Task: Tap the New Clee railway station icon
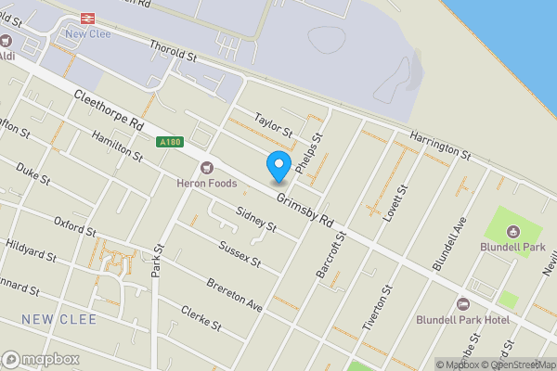(x=88, y=18)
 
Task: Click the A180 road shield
(x=170, y=141)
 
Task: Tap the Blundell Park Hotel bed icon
(x=463, y=304)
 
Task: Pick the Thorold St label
(x=174, y=46)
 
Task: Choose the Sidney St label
(x=256, y=219)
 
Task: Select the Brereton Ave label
(x=235, y=293)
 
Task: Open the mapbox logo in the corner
(x=41, y=359)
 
